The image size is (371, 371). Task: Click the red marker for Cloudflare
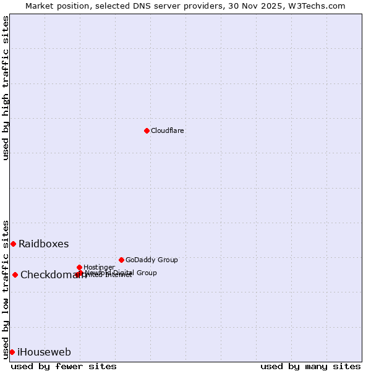(x=147, y=130)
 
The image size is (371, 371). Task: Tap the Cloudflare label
(x=168, y=131)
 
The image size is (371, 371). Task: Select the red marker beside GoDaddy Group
(x=121, y=260)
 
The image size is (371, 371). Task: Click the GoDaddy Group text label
(x=151, y=260)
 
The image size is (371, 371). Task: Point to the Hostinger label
(x=99, y=268)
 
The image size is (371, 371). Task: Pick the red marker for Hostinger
(x=79, y=267)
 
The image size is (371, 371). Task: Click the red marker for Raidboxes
(x=13, y=244)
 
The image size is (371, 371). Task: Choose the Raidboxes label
(x=44, y=244)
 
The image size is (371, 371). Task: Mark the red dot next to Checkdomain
(x=15, y=275)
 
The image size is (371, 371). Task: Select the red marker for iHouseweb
(x=12, y=352)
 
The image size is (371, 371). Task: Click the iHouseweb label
(x=45, y=352)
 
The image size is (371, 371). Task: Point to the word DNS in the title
(x=148, y=6)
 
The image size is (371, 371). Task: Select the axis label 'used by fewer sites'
(x=64, y=367)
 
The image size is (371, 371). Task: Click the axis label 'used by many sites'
(x=310, y=367)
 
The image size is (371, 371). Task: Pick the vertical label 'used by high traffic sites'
(x=6, y=88)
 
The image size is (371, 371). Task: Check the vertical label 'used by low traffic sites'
(x=6, y=289)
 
